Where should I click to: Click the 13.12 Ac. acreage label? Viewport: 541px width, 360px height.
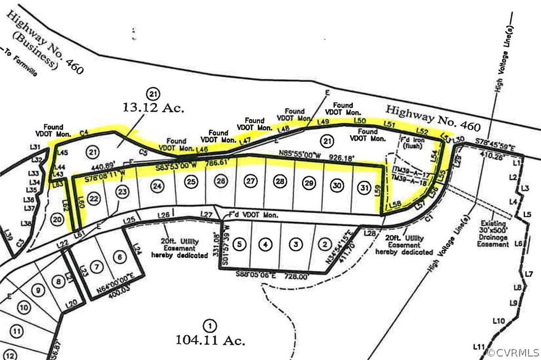coord(153,108)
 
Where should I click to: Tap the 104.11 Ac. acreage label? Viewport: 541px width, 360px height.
coord(210,336)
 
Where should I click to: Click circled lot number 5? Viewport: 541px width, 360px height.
coord(240,244)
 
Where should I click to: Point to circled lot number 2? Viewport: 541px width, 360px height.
coord(323,244)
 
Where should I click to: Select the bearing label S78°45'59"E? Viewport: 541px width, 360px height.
coord(496,142)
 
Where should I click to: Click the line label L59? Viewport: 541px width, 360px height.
coord(377,190)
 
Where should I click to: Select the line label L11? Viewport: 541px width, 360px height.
coord(479,347)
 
